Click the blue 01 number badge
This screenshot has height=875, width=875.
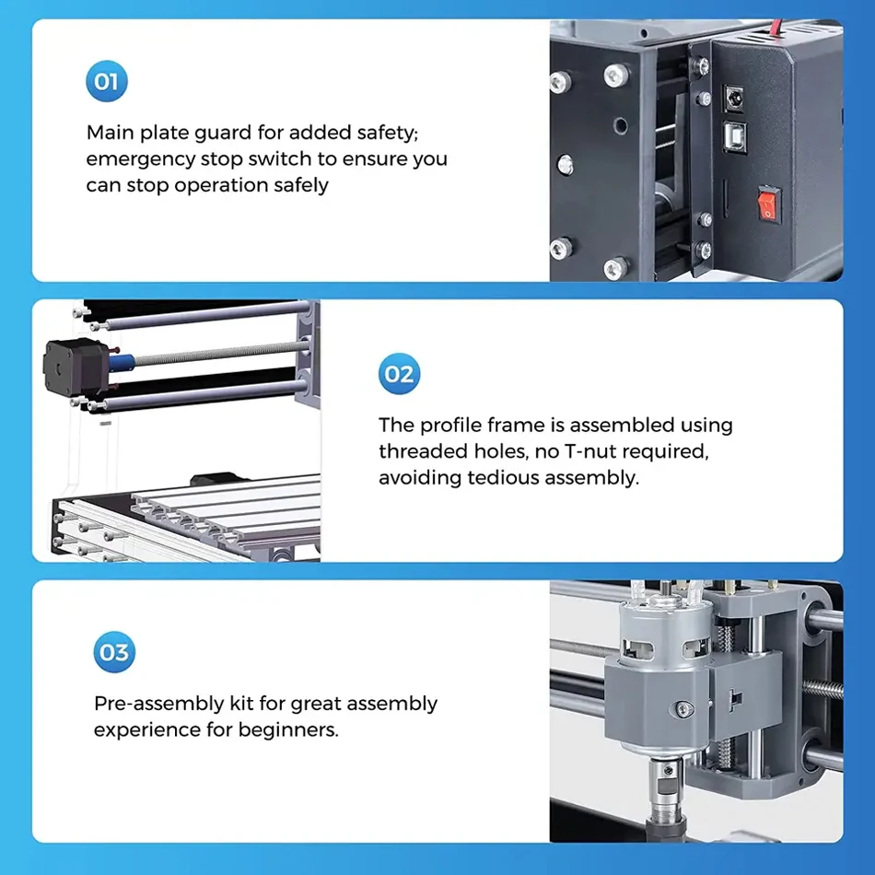point(106,82)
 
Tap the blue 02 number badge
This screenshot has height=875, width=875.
point(399,374)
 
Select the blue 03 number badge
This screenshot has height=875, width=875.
point(114,653)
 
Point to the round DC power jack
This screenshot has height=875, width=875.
point(735,97)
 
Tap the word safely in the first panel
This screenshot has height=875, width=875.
point(294,185)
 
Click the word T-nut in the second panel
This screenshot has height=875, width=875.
point(610,452)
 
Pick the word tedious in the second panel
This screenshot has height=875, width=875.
point(503,478)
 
